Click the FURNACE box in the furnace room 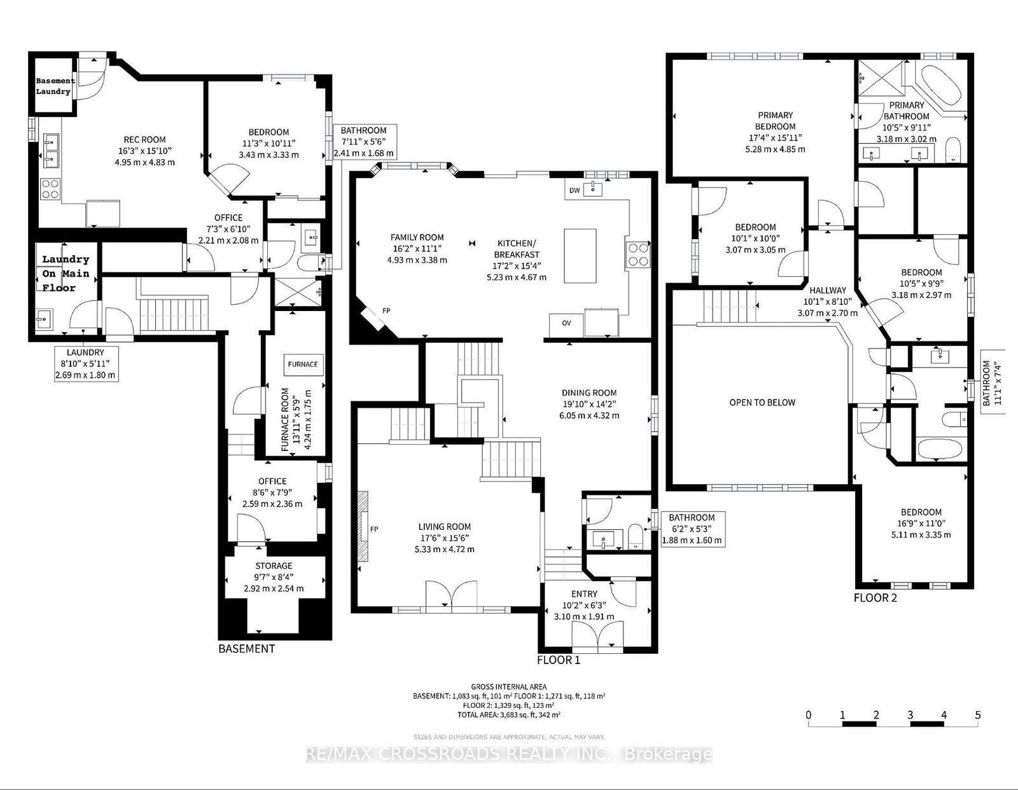pos(303,364)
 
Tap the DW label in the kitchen pos(575,190)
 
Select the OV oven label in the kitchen pos(566,322)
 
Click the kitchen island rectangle pos(580,256)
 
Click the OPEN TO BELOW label pos(762,402)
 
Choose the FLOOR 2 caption pos(875,597)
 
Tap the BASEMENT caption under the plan pos(246,648)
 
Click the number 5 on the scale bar pos(978,714)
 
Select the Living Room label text pos(445,527)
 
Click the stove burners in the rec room pos(50,189)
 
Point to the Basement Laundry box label pos(54,86)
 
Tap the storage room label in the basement pos(274,565)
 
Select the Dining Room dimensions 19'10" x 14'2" pos(589,404)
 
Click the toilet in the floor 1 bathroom pos(635,537)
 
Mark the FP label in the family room pos(386,310)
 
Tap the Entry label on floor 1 pos(583,594)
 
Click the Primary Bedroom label pos(776,121)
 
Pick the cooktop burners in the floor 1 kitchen pos(638,255)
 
